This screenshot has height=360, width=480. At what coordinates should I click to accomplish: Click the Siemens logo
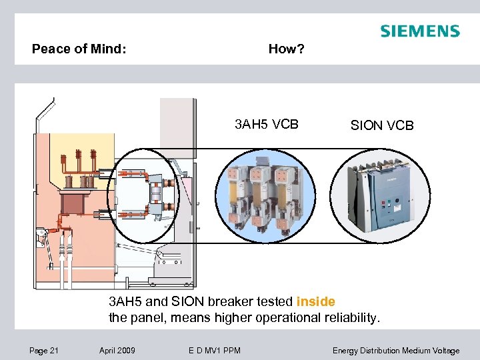pos(419,31)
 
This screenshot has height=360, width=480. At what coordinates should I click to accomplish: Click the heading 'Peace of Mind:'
pos(79,49)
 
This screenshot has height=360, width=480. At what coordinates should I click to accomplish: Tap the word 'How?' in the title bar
pos(286,49)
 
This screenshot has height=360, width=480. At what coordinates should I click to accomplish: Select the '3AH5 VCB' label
pos(267,124)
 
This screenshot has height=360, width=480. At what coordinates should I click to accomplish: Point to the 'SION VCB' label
pos(383,125)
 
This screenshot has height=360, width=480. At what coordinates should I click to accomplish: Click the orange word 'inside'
pos(315,301)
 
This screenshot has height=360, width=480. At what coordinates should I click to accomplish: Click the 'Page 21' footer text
pos(44,351)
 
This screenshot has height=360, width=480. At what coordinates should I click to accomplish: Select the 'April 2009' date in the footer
pos(117,351)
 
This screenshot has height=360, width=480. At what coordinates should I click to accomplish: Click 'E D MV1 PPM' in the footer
pos(214,351)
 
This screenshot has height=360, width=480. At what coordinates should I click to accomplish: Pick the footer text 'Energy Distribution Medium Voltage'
pos(396,351)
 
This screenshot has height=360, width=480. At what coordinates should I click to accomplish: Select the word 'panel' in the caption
pos(147,317)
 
